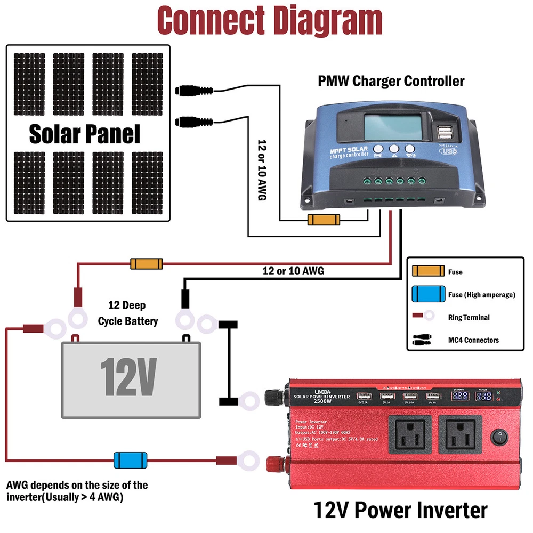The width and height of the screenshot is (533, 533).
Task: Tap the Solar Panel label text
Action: (x=84, y=134)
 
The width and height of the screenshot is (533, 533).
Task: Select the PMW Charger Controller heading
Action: (x=391, y=81)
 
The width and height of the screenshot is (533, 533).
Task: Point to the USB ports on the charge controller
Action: (x=445, y=132)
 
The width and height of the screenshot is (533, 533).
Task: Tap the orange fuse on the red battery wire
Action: (x=146, y=263)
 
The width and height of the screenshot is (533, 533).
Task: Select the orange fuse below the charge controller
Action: (x=323, y=220)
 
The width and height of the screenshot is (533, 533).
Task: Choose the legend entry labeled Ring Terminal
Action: (x=469, y=317)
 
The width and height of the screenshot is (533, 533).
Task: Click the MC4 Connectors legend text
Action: (x=473, y=340)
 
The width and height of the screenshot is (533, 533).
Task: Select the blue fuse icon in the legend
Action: (x=428, y=294)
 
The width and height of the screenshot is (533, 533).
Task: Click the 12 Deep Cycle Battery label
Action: (x=127, y=313)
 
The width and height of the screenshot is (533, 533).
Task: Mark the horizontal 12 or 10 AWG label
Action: (x=293, y=271)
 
